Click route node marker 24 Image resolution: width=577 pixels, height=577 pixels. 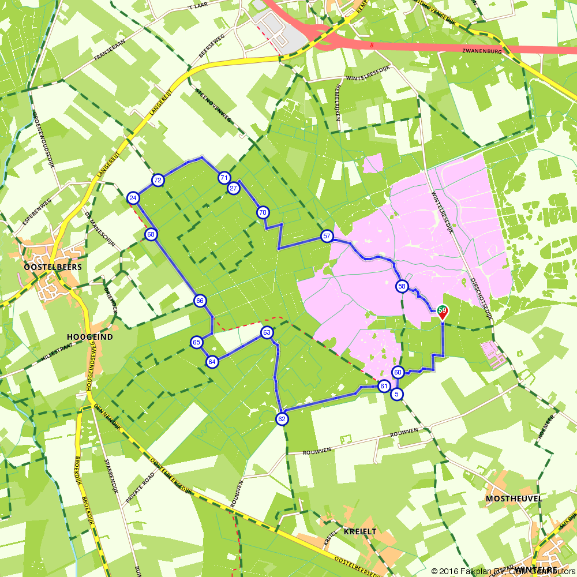click(x=133, y=198)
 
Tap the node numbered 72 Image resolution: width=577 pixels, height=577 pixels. click(x=158, y=181)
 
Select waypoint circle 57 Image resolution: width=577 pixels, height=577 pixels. click(x=327, y=236)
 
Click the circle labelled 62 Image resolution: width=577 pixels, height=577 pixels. click(x=282, y=419)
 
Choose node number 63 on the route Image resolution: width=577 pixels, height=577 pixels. click(x=267, y=332)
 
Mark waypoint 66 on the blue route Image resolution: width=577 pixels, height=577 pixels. click(x=200, y=301)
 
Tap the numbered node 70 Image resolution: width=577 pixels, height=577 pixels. click(x=263, y=212)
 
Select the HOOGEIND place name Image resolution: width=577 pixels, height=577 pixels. click(x=89, y=336)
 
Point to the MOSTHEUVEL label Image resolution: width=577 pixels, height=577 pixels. click(x=513, y=498)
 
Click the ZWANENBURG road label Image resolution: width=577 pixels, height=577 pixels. click(x=482, y=51)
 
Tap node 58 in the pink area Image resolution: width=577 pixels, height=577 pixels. click(x=402, y=286)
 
